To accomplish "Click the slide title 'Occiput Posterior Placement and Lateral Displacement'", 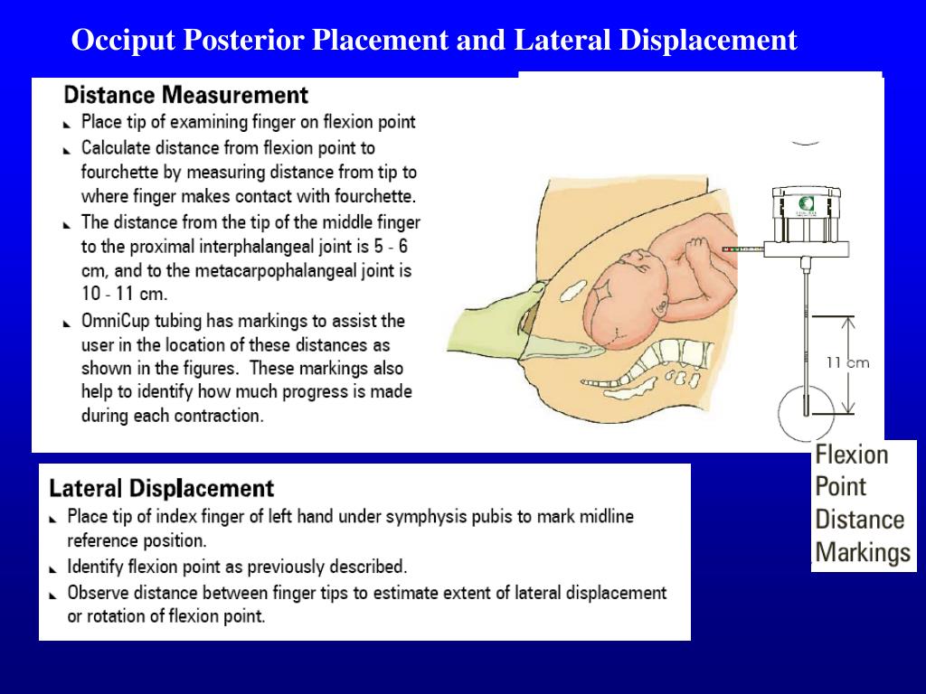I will click(434, 41).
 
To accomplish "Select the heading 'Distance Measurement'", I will click(186, 95).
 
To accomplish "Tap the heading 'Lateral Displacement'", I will click(161, 489).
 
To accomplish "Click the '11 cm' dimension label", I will click(847, 362).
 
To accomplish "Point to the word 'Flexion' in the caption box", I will click(852, 455).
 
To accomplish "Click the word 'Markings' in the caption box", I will click(863, 552).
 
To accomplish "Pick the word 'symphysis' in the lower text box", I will click(421, 517).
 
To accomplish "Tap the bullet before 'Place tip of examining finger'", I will click(70, 124).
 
